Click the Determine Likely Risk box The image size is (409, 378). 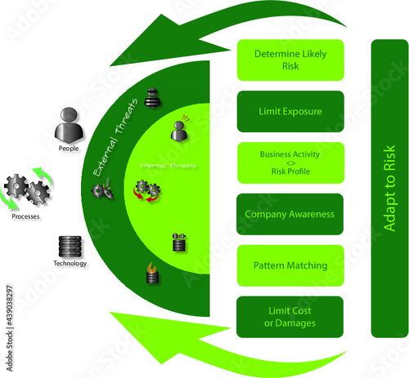[290, 60]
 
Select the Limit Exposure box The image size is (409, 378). [290, 111]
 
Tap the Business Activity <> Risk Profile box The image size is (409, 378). [290, 162]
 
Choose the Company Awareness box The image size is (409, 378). [290, 214]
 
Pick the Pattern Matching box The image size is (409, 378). [290, 265]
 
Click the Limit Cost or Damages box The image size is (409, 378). [290, 317]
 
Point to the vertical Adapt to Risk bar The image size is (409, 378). [389, 188]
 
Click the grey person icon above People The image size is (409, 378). [70, 126]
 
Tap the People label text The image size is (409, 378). [70, 149]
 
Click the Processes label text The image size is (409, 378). [27, 218]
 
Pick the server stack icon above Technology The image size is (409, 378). [70, 246]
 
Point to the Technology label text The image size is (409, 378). [70, 264]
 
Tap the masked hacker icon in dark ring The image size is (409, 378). [151, 98]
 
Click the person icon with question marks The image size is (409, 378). [178, 129]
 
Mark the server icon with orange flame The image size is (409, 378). [151, 273]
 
